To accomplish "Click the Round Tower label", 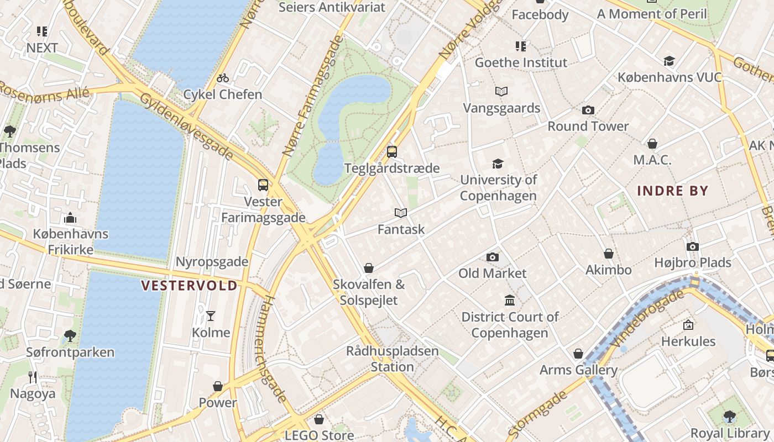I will (x=588, y=126).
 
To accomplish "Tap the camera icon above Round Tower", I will (x=588, y=110).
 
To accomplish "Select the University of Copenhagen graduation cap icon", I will (x=498, y=164).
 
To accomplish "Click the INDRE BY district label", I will (x=672, y=191).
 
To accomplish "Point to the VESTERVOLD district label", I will (x=189, y=286).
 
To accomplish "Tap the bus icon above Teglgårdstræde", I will (x=392, y=151).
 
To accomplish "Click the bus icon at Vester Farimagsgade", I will (x=263, y=185).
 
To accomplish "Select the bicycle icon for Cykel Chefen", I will (x=223, y=78).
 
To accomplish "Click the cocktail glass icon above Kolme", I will (x=211, y=316).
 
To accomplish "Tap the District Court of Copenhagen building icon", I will (x=510, y=301).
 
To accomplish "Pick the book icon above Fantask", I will (x=401, y=213).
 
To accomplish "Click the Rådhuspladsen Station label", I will (x=392, y=359).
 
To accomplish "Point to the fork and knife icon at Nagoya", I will (x=33, y=377).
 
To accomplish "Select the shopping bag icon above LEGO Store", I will (x=318, y=419).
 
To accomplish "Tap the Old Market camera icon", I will (x=493, y=257).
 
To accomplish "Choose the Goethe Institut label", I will (x=521, y=62).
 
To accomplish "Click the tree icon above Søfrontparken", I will (x=70, y=335).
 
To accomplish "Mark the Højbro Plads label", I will (x=692, y=262).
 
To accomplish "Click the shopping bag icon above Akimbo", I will (x=609, y=254).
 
